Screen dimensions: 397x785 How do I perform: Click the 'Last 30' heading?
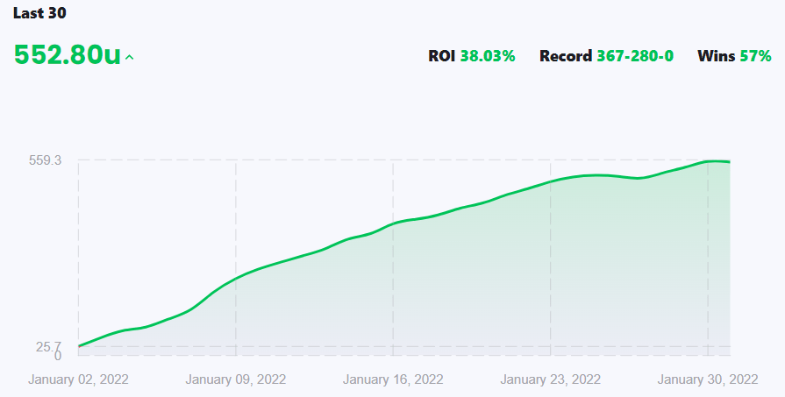pos(39,13)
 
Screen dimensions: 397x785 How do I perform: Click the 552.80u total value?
pos(67,54)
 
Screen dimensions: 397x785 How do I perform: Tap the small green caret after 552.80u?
pos(130,58)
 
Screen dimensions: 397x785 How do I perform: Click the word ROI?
pos(442,56)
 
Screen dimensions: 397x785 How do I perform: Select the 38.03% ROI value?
pos(488,56)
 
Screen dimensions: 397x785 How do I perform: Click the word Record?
pos(566,56)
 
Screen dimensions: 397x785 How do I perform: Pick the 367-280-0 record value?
pos(635,56)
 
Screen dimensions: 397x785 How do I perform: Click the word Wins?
pos(716,56)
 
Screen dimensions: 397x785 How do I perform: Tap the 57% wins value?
pos(755,56)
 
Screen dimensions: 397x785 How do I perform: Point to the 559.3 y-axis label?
pos(46,160)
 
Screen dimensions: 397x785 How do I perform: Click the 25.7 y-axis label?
pos(48,346)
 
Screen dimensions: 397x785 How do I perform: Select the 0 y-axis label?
pos(57,356)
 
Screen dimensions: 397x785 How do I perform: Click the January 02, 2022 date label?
pos(79,379)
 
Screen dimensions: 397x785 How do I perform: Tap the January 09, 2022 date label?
pos(236,379)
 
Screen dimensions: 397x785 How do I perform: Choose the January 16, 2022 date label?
pos(393,379)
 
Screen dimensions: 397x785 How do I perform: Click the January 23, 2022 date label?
pos(550,379)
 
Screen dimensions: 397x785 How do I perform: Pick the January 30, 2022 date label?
pos(707,379)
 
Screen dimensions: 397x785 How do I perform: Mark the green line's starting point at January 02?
pos(79,346)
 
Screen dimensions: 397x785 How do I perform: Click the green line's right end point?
pos(730,162)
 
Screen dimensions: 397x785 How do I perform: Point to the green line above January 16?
pos(393,223)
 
